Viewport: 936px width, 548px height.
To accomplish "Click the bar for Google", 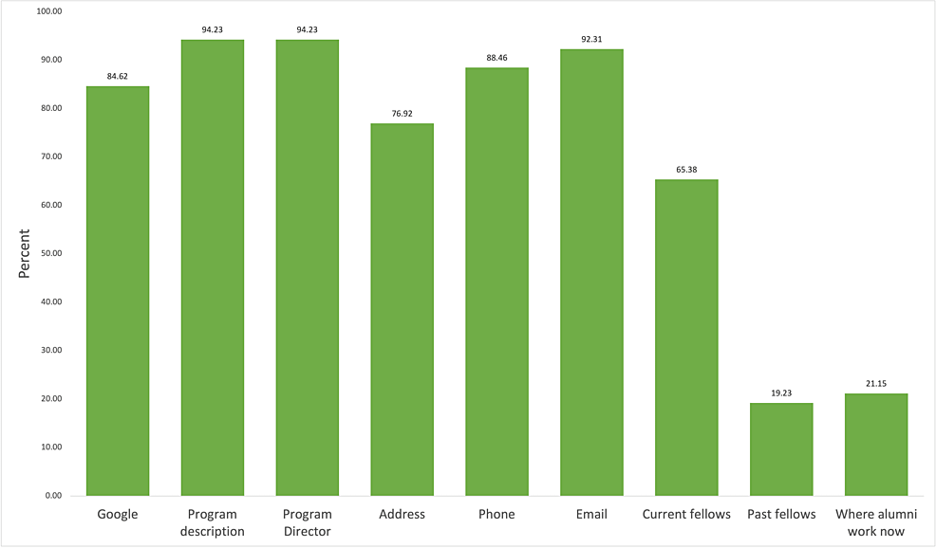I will coord(118,290).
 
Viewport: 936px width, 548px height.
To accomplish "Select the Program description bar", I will coord(212,267).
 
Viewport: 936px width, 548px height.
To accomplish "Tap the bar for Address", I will coord(402,309).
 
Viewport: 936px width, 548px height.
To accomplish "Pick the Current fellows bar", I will coord(686,338).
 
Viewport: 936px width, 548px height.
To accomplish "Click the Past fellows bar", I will coord(781,448).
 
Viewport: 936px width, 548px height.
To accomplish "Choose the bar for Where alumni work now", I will coord(876,444).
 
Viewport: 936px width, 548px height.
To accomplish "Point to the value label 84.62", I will coord(118,76).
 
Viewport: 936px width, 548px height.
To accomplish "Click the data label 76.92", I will coord(402,113).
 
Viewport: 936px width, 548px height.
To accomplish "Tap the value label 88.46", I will coord(496,58).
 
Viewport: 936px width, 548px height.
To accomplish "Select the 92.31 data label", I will coord(591,39).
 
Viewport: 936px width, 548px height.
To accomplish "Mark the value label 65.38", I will coord(686,169).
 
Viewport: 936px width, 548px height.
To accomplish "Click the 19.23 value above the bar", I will coord(781,393).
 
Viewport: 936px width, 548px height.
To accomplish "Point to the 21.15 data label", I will coord(876,383).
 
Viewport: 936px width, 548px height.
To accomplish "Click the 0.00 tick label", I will coord(51,495).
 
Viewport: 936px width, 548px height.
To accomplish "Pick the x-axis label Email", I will coord(591,515).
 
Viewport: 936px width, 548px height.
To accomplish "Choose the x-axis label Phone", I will coord(496,515).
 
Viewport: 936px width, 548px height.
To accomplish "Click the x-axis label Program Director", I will coord(307,522).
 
